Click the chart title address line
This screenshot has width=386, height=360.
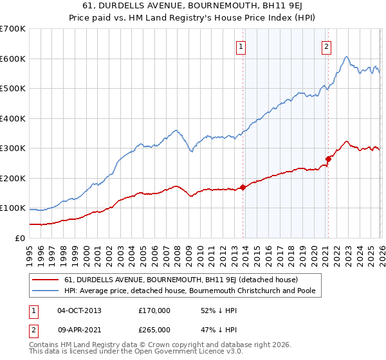pos(193,6)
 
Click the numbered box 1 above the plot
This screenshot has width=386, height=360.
pos(240,46)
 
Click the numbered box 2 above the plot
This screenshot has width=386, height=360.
pos(326,46)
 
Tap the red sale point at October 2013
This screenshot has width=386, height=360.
pos(243,187)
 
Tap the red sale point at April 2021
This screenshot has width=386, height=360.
pos(328,158)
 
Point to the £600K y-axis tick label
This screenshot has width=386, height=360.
pos(13,59)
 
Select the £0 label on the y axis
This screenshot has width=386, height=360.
pos(21,238)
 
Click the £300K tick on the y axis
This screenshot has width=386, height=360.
pos(13,148)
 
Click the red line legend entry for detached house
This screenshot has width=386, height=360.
pos(180,280)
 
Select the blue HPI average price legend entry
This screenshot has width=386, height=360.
pos(193,291)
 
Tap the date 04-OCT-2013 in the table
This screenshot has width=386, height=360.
pos(79,310)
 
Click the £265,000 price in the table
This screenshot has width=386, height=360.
pos(154,330)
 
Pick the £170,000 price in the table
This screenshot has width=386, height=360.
pos(154,310)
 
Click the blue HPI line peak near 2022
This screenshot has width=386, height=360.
pos(346,57)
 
